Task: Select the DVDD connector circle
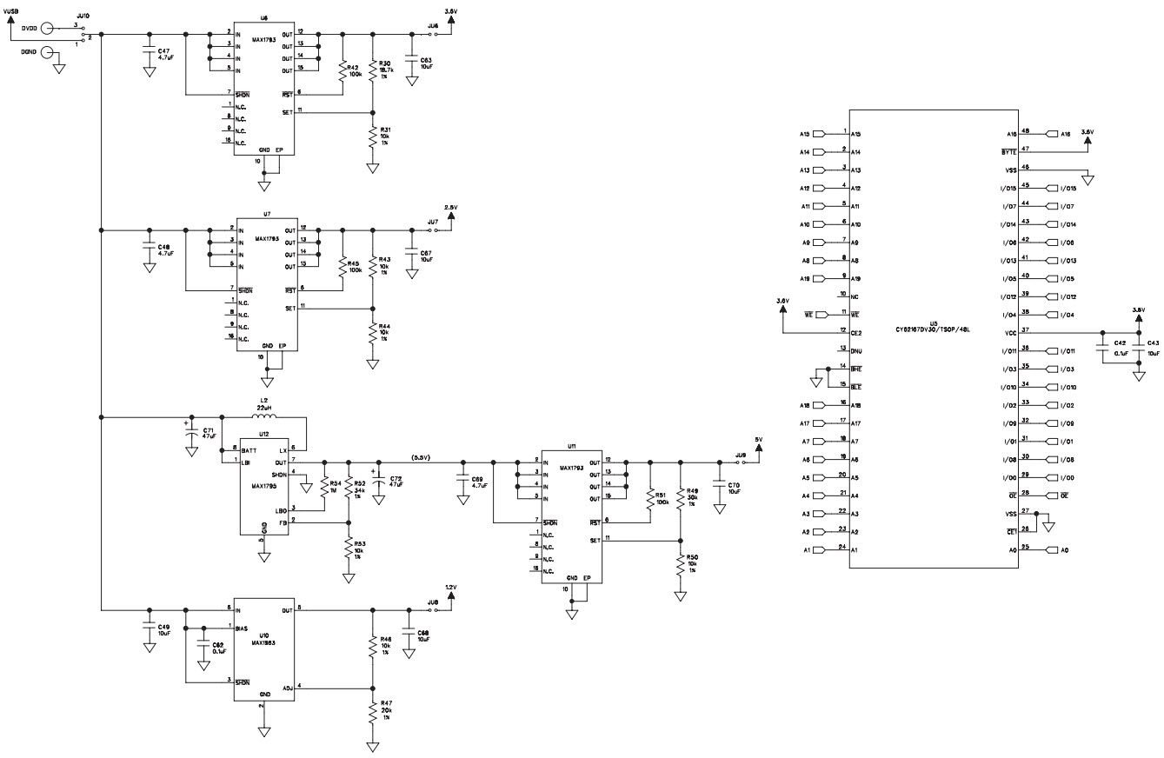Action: tap(49, 28)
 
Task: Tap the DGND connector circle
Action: tap(49, 53)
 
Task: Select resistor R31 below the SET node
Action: tap(373, 136)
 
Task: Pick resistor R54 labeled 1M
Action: tap(323, 489)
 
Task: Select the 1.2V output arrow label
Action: tap(450, 587)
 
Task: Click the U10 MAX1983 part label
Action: tap(264, 639)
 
